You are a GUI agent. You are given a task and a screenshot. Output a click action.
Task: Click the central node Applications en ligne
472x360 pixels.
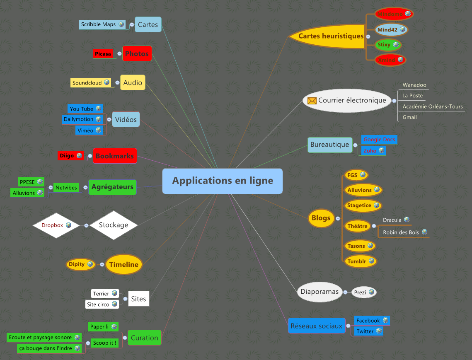point(223,181)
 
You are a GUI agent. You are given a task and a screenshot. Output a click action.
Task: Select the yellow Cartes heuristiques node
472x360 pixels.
point(331,36)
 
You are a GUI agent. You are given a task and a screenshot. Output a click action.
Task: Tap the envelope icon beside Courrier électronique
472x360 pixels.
point(312,101)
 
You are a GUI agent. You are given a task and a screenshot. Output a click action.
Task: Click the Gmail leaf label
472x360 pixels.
point(409,117)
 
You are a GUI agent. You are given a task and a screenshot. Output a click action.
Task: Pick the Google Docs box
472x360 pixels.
point(379,140)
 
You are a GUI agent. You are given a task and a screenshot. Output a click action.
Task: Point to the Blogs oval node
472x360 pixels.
point(321,218)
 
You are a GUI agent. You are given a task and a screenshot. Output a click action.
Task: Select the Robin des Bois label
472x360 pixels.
point(401,232)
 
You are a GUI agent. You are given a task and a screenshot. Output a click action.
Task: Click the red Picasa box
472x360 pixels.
point(103,54)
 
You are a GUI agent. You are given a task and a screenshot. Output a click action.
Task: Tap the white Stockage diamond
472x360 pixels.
point(114,225)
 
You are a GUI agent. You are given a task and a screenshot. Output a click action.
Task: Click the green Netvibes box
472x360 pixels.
point(66,188)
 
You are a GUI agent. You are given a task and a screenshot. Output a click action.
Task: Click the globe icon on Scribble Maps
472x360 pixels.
point(121,24)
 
